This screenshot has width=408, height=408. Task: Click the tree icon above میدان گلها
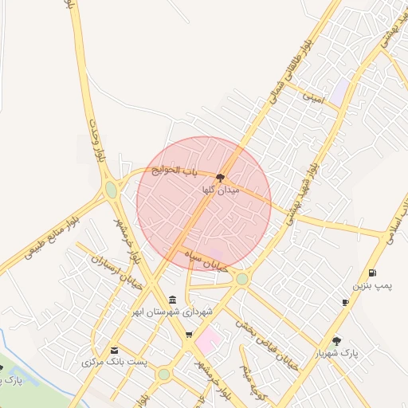[220, 178]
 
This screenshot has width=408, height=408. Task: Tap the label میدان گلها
[219, 190]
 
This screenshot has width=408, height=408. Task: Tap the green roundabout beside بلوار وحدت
[111, 190]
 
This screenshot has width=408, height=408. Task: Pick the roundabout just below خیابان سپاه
[241, 278]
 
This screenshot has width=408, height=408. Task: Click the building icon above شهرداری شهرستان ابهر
[173, 299]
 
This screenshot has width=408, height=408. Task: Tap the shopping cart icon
[189, 335]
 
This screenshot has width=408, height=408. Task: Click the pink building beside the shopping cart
[208, 340]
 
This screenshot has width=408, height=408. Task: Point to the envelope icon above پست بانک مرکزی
[115, 350]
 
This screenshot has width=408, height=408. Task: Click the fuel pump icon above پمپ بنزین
[372, 273]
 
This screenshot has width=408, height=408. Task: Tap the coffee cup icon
[345, 303]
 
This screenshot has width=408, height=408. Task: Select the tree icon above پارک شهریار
[336, 341]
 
